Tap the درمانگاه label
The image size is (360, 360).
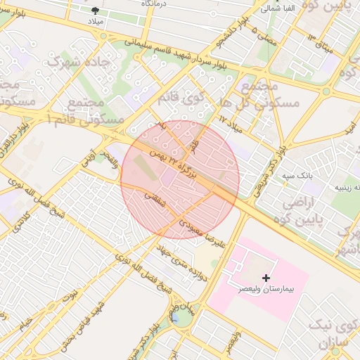[x=156, y=4]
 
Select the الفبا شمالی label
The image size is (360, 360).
[x=278, y=8]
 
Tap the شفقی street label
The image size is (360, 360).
[x=154, y=200]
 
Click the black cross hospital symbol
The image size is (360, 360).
[x=266, y=278]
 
